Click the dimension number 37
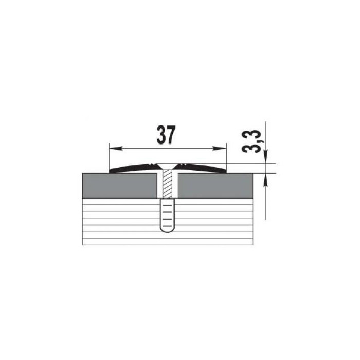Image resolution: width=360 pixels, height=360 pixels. pos(166,135)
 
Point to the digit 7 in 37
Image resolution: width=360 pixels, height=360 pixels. pos(171,135)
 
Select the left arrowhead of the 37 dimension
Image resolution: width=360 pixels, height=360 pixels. pos(115,149)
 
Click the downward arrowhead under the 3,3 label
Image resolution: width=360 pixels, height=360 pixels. pos(266,156)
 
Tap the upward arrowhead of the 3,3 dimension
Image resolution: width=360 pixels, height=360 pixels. pos(266,180)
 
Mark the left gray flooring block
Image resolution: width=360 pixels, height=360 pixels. pos(120,186)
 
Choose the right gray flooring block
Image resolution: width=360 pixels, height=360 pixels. pos(215,186)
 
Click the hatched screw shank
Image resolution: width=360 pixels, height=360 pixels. pos(168,184)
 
